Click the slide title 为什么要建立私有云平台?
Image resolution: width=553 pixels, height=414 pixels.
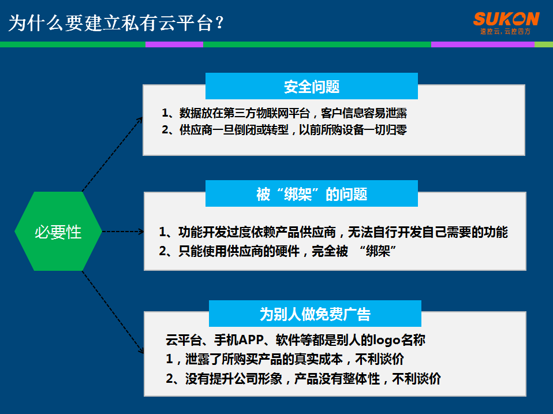[116, 23]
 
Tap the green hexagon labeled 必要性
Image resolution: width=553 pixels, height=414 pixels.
[58, 232]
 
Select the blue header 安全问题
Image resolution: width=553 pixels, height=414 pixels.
[311, 86]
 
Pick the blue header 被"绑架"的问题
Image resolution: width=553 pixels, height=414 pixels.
[311, 193]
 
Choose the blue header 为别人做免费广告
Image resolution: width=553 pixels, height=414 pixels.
[315, 314]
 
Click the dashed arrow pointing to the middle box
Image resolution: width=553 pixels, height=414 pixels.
[123, 232]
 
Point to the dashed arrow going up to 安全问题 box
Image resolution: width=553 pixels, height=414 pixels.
[113, 154]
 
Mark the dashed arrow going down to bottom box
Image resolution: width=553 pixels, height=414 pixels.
[113, 312]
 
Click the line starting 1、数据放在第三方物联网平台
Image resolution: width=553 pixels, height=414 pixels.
[284, 113]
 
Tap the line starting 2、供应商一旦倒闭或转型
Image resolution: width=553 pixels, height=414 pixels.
[284, 130]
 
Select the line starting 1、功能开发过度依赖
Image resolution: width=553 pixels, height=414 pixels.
[333, 232]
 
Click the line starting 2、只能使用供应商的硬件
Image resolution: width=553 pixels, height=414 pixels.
[278, 251]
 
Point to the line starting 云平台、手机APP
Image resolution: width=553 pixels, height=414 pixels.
[296, 340]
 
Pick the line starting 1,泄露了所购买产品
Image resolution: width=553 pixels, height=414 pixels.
[285, 359]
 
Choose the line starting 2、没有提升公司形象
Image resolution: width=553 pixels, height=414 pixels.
[303, 379]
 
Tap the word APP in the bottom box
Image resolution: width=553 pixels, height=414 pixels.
[251, 340]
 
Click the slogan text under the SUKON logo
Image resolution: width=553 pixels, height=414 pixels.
[506, 31]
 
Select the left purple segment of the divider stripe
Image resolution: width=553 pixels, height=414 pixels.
[174, 44]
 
